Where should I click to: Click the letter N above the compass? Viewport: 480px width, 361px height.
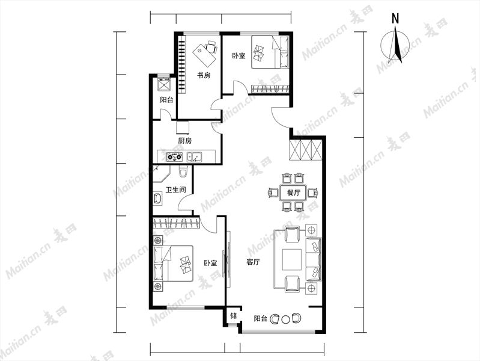click(395, 19)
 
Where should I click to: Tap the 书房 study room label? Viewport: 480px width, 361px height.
click(204, 75)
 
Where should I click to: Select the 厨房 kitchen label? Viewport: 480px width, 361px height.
click(185, 141)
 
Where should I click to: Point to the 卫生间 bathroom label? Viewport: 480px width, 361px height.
click(175, 190)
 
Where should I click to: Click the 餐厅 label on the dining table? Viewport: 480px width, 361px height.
click(294, 193)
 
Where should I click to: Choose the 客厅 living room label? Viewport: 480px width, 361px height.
click(253, 262)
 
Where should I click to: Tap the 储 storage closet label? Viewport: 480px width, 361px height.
click(233, 316)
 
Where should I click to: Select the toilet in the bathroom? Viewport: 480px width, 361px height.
click(183, 171)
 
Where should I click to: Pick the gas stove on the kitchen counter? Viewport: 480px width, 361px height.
click(174, 157)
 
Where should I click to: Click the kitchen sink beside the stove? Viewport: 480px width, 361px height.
click(194, 157)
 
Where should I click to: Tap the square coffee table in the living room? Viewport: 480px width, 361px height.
click(292, 259)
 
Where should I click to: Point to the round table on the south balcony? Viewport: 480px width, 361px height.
click(285, 319)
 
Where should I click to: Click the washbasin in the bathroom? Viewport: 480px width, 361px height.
click(157, 198)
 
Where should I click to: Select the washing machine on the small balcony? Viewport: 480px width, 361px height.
click(163, 84)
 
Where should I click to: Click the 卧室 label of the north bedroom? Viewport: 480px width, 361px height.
click(238, 56)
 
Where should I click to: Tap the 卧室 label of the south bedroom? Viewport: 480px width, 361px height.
click(211, 263)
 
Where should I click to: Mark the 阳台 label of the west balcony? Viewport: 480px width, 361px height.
click(166, 100)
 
